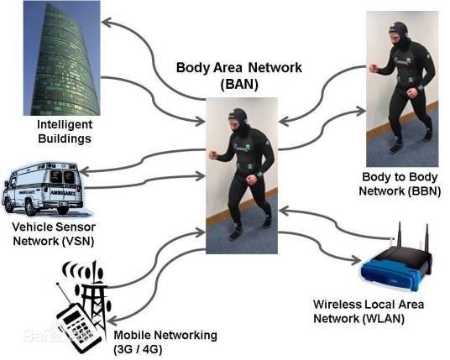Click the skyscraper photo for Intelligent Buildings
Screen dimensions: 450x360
(61, 58)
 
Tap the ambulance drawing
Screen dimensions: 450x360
(44, 189)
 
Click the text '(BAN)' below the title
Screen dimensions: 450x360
(239, 84)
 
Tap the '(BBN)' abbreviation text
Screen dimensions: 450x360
(424, 191)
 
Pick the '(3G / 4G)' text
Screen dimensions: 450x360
(139, 350)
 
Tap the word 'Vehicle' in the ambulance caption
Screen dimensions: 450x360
(32, 227)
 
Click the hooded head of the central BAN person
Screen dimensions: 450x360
(239, 120)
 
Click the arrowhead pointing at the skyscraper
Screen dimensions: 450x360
(107, 23)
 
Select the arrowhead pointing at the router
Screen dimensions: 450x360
(355, 259)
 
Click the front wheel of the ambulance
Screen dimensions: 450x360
(31, 207)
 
